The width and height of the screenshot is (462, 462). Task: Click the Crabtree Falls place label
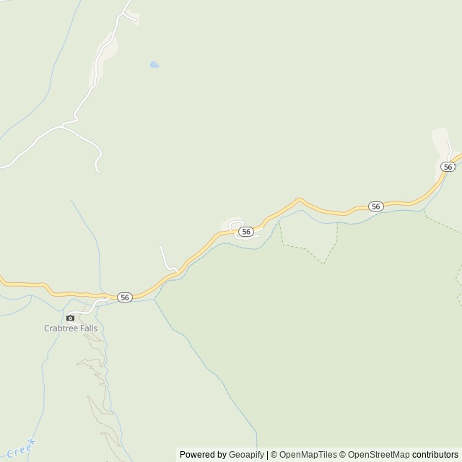click(70, 328)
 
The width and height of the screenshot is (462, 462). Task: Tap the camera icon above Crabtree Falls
click(70, 318)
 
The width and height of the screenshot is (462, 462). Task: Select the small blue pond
click(154, 65)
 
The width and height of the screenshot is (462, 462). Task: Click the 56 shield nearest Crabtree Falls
click(125, 297)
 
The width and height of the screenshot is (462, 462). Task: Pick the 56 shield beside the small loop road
click(246, 231)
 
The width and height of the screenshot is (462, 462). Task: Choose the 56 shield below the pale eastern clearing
click(448, 167)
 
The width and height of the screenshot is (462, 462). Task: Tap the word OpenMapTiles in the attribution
click(308, 455)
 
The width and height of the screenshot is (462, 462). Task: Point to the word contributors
click(435, 455)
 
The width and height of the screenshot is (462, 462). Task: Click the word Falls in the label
click(87, 328)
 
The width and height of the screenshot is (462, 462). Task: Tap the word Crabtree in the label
click(59, 328)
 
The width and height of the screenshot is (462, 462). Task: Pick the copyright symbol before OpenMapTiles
click(275, 455)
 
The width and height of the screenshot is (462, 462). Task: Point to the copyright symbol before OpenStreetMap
click(344, 455)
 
